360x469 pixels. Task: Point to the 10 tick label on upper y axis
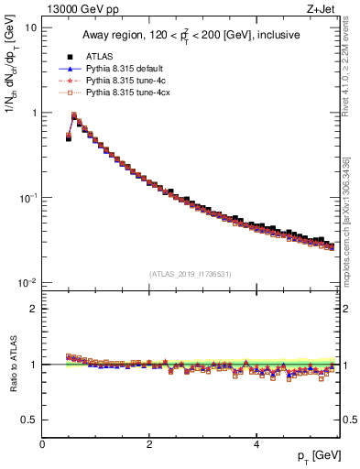pyautogui.click(x=31, y=27)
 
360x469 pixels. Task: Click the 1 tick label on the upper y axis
pyautogui.click(x=34, y=113)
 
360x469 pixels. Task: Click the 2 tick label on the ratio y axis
pyautogui.click(x=35, y=309)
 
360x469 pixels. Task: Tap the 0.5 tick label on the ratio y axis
pyautogui.click(x=30, y=420)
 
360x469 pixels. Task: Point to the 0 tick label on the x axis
pyautogui.click(x=42, y=443)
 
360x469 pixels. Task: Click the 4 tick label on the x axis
pyautogui.click(x=256, y=443)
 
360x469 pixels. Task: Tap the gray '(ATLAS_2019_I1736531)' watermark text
pyautogui.click(x=189, y=274)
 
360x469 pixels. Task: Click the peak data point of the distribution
pyautogui.click(x=74, y=115)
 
